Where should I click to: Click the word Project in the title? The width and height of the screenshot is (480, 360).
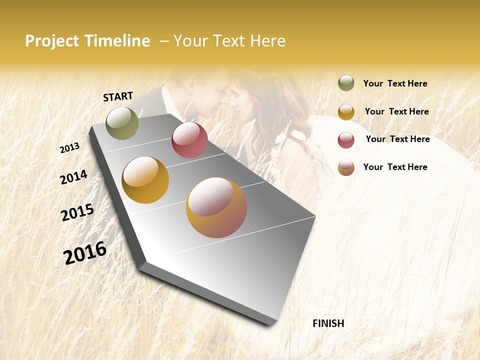(x=52, y=41)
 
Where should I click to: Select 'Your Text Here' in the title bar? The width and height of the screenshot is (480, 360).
(x=229, y=41)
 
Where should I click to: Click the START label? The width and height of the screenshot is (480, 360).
(x=118, y=96)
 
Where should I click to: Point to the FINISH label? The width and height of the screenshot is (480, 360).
(x=328, y=323)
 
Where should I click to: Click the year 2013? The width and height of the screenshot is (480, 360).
(x=69, y=148)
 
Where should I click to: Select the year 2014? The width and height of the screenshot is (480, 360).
(x=73, y=177)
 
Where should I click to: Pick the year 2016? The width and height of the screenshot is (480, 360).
(x=85, y=253)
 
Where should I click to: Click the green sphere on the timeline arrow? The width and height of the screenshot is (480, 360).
(x=122, y=123)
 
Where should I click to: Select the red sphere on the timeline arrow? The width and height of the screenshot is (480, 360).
(x=189, y=140)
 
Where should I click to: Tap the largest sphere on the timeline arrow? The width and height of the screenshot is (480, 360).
(x=216, y=207)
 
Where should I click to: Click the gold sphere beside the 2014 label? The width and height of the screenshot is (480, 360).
(x=145, y=180)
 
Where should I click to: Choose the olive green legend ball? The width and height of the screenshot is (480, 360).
(x=346, y=83)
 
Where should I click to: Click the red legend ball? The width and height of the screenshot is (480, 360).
(x=346, y=140)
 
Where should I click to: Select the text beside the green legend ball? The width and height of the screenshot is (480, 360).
(x=395, y=83)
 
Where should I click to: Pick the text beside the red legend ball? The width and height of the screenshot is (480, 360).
(x=397, y=139)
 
